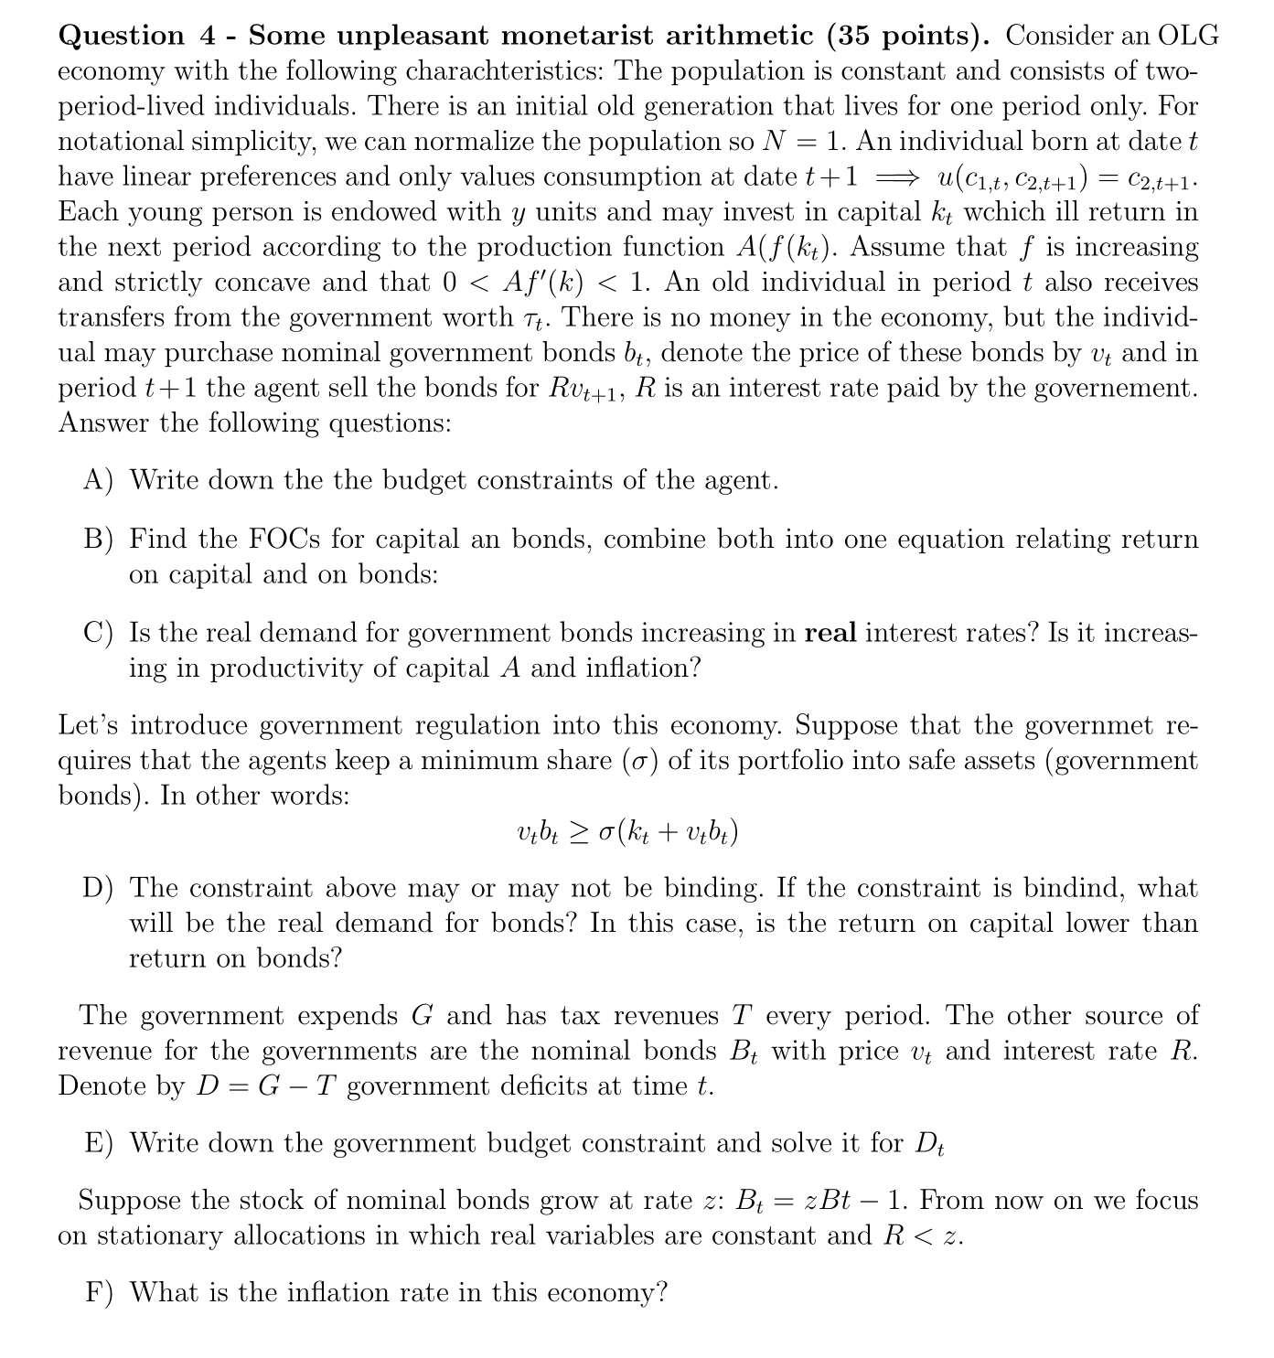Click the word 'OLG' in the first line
click(1188, 36)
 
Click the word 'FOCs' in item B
click(284, 539)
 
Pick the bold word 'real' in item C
click(830, 633)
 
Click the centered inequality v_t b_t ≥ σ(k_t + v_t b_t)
click(627, 832)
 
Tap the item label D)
click(99, 888)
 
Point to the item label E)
click(99, 1143)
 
